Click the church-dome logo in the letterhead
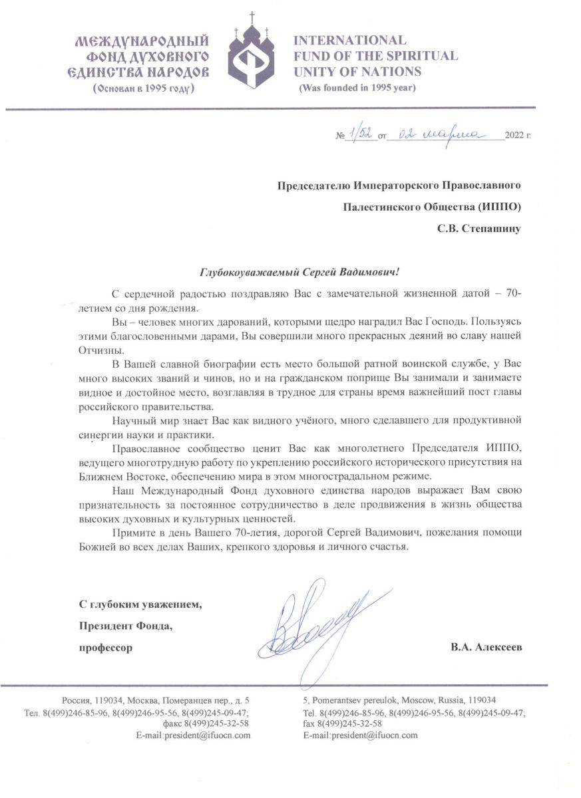tap(252, 57)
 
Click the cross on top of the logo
tap(252, 17)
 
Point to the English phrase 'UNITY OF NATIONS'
tap(357, 72)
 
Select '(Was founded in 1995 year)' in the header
tap(357, 88)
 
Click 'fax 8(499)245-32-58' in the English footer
tap(342, 724)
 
